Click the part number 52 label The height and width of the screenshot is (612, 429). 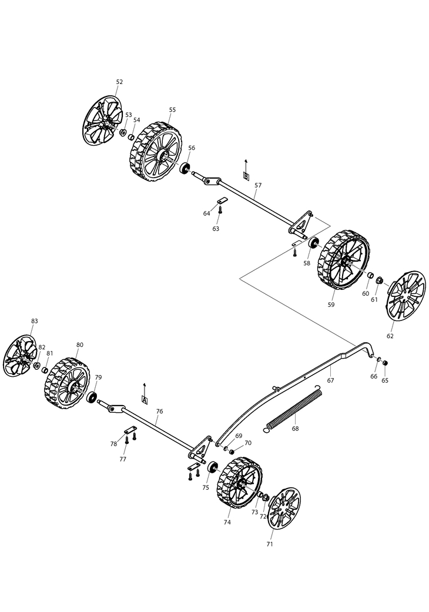coord(119,82)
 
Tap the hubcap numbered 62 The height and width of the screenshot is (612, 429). coord(405,295)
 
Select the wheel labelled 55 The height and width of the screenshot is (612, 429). coord(151,151)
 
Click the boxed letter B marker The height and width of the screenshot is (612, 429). coord(246,176)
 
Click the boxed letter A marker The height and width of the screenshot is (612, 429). coord(145,399)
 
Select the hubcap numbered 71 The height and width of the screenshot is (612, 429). coord(283,507)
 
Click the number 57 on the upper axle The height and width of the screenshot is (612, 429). coord(258,185)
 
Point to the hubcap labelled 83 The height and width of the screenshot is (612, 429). coord(21,356)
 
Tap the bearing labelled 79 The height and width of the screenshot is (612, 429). coord(92,397)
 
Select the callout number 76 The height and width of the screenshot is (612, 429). coord(159,412)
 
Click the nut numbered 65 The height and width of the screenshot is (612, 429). coord(385,363)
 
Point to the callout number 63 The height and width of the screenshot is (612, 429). coord(216,228)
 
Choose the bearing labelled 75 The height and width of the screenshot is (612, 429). coord(212,469)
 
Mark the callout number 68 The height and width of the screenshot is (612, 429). coord(295,429)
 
